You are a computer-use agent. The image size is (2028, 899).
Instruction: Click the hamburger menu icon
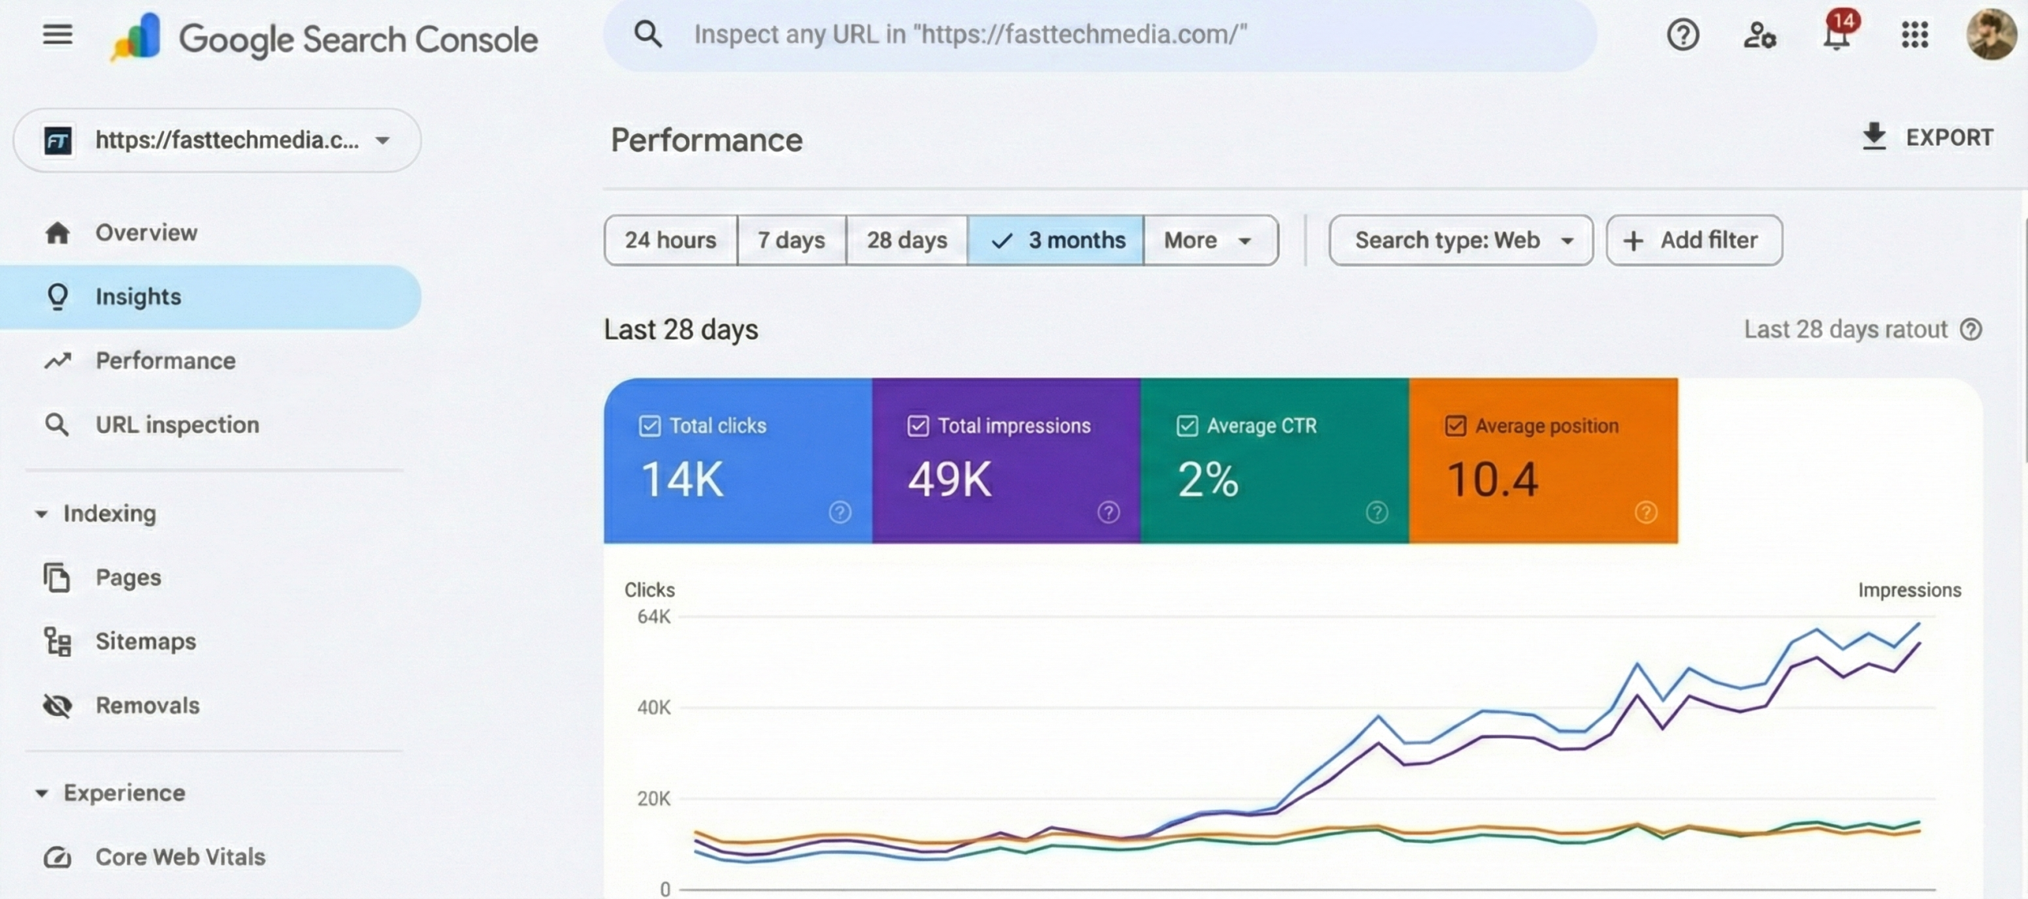tap(57, 35)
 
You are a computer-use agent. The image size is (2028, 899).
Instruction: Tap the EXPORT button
tap(1927, 137)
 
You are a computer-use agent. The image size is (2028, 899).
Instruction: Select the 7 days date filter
tap(791, 240)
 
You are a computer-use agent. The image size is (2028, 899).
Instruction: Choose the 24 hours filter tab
tap(670, 240)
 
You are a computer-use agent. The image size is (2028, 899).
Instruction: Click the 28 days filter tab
tap(906, 240)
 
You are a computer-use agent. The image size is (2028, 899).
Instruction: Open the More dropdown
tap(1209, 240)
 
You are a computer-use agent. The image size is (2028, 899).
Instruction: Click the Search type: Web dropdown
tap(1460, 240)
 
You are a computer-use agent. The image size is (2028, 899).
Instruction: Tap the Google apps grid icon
tap(1914, 35)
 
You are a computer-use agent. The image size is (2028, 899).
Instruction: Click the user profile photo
tap(1990, 35)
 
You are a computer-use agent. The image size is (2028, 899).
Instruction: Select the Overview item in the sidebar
tap(146, 233)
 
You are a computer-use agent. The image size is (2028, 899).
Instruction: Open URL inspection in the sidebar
tap(177, 425)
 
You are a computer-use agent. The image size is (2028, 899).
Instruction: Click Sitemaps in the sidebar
tap(146, 641)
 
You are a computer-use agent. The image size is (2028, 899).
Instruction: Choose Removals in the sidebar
tap(147, 705)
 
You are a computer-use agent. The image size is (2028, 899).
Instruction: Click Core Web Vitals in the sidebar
tap(180, 856)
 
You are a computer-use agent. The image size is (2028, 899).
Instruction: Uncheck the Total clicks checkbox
tap(650, 426)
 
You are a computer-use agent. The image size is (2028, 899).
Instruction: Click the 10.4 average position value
tap(1492, 480)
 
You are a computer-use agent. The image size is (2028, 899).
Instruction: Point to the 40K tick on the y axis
tap(654, 707)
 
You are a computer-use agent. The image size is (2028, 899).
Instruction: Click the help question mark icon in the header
tap(1683, 35)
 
